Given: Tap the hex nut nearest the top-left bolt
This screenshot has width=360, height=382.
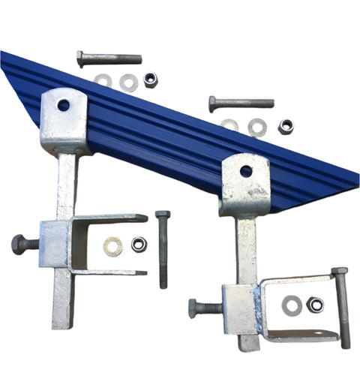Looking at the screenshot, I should pyautogui.click(x=150, y=80).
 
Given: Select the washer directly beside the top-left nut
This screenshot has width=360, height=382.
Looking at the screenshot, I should pyautogui.click(x=128, y=83).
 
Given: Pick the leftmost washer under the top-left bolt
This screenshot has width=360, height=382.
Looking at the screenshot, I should pyautogui.click(x=103, y=81).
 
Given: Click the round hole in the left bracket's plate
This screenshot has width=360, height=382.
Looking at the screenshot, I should pyautogui.click(x=64, y=105).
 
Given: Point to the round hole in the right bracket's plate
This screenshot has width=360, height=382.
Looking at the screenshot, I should pyautogui.click(x=246, y=171).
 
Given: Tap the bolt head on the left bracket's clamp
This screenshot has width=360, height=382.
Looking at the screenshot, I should pyautogui.click(x=21, y=244).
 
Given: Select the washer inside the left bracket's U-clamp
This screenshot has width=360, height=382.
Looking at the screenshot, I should pyautogui.click(x=113, y=245).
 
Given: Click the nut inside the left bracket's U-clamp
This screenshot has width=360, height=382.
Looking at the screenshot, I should pyautogui.click(x=138, y=244).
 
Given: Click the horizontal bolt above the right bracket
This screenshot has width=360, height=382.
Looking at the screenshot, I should pyautogui.click(x=241, y=103).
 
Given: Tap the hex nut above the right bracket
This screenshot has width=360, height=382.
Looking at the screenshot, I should pyautogui.click(x=286, y=126).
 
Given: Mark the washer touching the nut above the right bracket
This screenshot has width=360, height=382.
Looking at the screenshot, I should pyautogui.click(x=257, y=128).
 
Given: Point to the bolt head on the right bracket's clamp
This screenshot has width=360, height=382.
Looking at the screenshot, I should pyautogui.click(x=196, y=308).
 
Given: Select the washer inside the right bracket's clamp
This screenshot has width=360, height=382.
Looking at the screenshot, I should pyautogui.click(x=292, y=305).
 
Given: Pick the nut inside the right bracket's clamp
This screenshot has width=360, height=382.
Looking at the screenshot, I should pyautogui.click(x=315, y=305).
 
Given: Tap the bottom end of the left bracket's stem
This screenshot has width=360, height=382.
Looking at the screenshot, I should pyautogui.click(x=62, y=324).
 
